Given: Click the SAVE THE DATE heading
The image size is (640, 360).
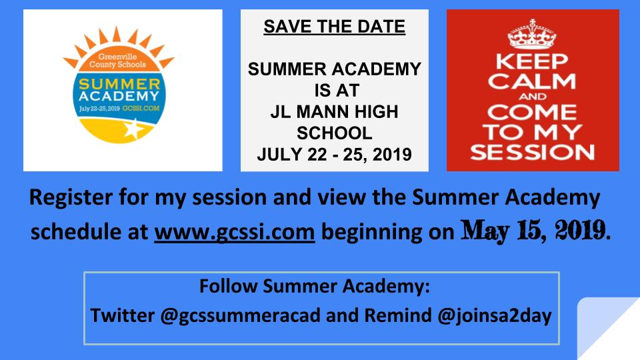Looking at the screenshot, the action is (334, 27).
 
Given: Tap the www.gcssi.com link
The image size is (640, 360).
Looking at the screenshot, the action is (234, 232).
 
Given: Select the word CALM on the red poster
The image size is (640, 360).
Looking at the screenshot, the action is (532, 81).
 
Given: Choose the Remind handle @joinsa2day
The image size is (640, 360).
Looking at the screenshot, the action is (494, 315).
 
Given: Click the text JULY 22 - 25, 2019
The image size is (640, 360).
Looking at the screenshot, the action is (334, 154).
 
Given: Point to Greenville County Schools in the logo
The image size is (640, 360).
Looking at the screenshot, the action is (117, 61).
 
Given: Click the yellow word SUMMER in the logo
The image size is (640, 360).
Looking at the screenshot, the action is (119, 84).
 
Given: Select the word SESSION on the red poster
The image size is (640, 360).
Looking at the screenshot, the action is (532, 152).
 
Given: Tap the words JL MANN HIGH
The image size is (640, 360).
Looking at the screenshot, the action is (334, 112).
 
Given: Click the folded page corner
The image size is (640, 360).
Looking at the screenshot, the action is (604, 327).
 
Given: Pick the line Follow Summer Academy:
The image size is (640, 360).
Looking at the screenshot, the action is (314, 286).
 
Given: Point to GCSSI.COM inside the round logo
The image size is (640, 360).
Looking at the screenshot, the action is (141, 109).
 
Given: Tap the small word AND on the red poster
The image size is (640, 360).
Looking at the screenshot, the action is (533, 97).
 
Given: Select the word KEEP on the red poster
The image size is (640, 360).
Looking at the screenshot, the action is (532, 61).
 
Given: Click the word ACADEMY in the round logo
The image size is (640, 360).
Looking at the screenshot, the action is (119, 96).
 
